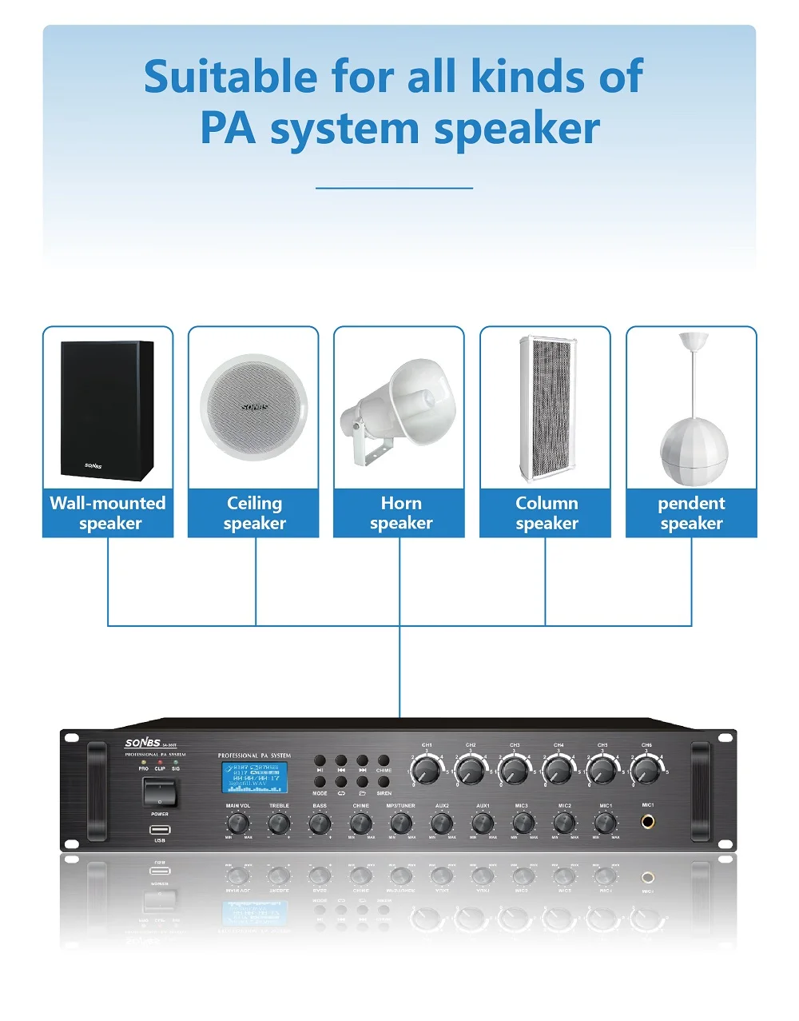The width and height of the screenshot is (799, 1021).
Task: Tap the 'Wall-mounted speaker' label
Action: [x=108, y=512]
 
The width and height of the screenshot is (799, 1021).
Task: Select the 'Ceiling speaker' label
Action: [x=254, y=512]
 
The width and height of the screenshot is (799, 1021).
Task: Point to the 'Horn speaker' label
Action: [x=400, y=512]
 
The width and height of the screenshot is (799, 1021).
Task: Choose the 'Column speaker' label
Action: [x=547, y=512]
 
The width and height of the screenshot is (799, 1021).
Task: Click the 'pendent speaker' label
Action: [x=691, y=512]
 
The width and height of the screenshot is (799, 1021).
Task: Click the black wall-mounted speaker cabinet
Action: [x=107, y=410]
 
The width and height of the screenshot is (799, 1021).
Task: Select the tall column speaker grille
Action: [x=547, y=408]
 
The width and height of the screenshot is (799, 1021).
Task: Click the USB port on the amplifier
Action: [x=160, y=829]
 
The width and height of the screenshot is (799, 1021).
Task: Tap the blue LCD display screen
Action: [x=254, y=776]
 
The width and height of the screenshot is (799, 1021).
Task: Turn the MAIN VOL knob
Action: [x=237, y=824]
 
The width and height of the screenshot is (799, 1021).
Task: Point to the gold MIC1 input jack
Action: [x=647, y=821]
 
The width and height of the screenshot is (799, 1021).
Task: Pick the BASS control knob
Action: [x=320, y=824]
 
